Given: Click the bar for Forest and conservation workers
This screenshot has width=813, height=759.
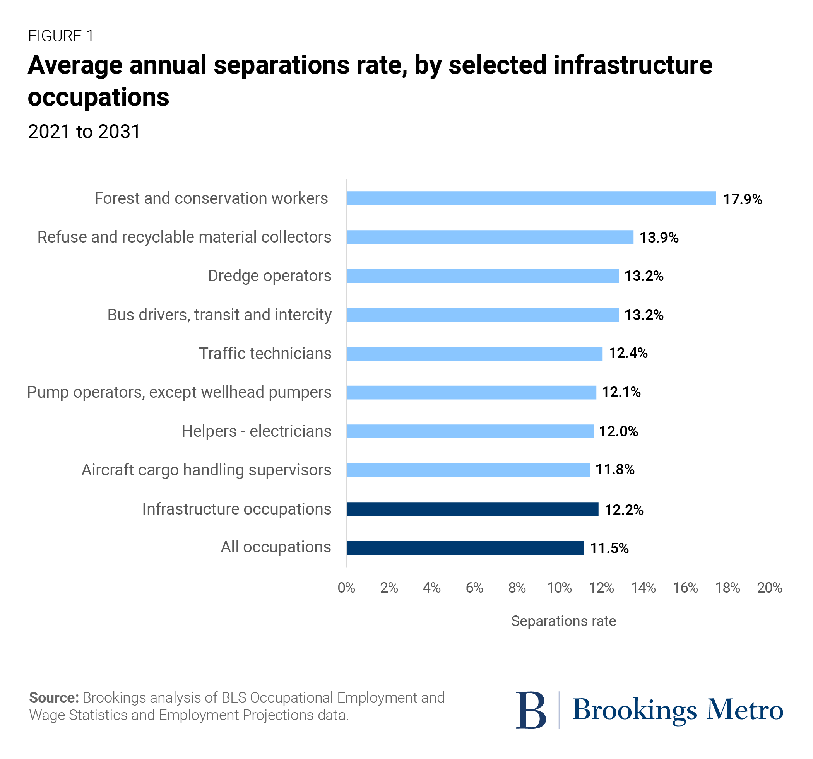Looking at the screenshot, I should (531, 198).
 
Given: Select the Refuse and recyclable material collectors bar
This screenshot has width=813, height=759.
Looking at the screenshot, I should (490, 237).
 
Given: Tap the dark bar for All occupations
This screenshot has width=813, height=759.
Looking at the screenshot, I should (466, 547).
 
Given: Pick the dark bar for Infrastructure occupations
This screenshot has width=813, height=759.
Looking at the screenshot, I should (472, 509).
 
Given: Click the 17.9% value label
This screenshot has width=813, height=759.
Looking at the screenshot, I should (742, 199).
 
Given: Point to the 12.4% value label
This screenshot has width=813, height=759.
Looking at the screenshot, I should (628, 353).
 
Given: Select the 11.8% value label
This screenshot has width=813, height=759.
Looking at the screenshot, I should (614, 470).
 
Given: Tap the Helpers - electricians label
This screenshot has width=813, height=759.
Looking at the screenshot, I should (257, 431).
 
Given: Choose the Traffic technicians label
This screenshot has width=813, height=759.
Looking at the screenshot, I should (265, 353).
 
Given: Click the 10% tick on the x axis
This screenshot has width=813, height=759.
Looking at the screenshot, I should (559, 588).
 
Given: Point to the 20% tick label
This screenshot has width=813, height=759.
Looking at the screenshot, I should (769, 588).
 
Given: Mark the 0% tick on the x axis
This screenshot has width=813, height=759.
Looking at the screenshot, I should (346, 588).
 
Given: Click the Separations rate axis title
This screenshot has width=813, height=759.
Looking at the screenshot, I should (563, 621).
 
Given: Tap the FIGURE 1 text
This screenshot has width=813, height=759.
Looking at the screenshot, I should (61, 36).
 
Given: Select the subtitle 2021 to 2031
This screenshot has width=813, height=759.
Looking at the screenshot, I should (84, 132).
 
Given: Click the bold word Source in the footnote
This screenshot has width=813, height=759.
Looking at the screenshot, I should (53, 697).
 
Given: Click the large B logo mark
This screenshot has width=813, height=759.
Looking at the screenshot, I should (531, 710).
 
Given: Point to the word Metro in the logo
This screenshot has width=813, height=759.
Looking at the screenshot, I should (745, 710).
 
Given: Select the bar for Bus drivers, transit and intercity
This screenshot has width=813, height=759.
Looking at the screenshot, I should (483, 315).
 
